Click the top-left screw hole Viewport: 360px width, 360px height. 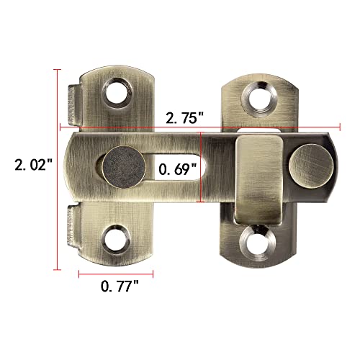[x=114, y=92]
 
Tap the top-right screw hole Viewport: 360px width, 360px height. [x=256, y=94]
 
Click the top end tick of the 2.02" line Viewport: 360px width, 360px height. [x=58, y=71]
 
